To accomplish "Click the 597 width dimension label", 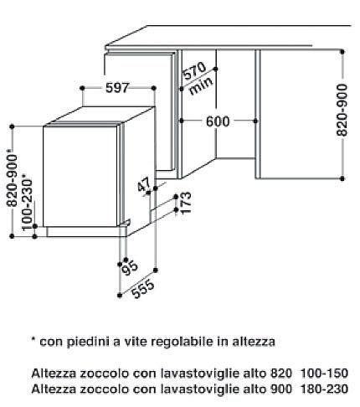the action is click(117, 88).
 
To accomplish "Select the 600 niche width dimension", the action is click(218, 121).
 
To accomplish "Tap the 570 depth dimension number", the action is click(195, 70).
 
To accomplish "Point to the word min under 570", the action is click(201, 85).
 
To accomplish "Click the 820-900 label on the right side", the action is click(342, 110).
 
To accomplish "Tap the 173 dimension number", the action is click(186, 203).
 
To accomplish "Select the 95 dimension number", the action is click(130, 267).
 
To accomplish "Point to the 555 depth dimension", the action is click(143, 289).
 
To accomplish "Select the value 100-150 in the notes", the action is click(324, 373).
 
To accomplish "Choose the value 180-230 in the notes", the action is click(324, 389).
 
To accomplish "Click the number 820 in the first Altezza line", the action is click(280, 373).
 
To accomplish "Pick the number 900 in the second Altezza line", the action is click(280, 389).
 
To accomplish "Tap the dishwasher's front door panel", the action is click(80, 176).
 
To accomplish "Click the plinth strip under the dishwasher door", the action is click(83, 231).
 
